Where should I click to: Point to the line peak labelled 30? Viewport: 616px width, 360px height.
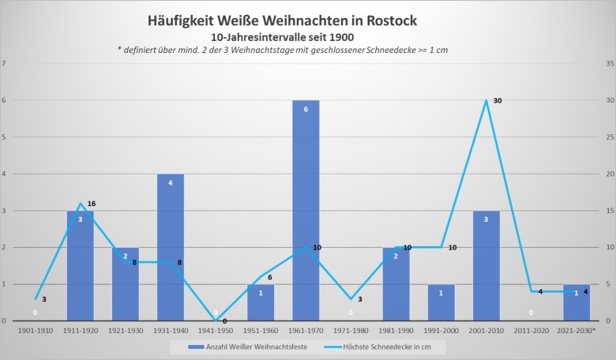(486, 100)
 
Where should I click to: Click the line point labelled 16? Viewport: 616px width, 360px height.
(81, 204)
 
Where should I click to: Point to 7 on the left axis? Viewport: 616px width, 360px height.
(5, 63)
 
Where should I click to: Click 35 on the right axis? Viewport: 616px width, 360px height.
(609, 63)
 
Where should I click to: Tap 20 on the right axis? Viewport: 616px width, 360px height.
(609, 174)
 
